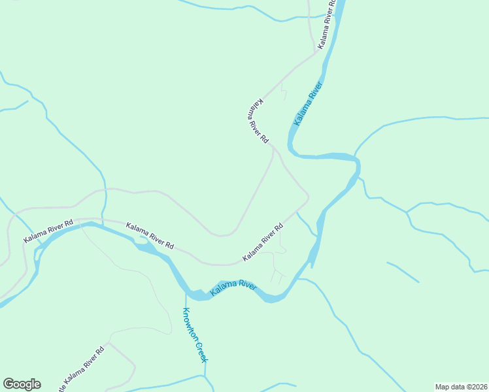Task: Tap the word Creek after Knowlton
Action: click(202, 351)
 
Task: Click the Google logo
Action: click(22, 384)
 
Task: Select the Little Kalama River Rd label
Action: click(82, 370)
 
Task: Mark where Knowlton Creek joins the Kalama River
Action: click(186, 291)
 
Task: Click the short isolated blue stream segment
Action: click(403, 272)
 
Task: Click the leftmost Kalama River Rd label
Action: click(46, 232)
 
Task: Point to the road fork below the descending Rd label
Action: click(274, 150)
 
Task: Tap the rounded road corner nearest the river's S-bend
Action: click(306, 197)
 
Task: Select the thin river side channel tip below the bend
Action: click(312, 267)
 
